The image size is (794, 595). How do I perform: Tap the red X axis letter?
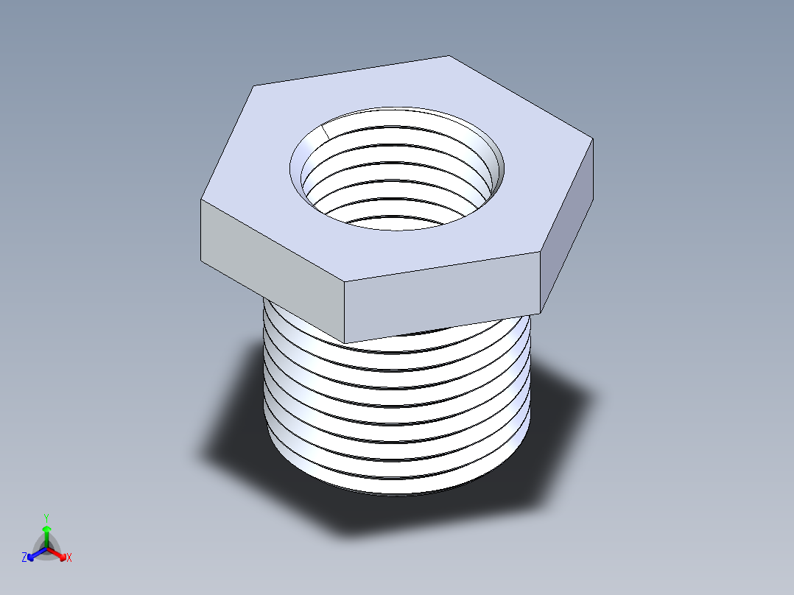click(x=69, y=558)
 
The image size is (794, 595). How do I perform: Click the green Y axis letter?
click(x=46, y=518)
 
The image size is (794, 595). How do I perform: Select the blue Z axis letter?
click(x=24, y=558)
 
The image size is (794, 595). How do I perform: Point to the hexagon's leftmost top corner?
click(x=201, y=199)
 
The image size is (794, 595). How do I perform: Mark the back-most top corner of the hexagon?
click(x=449, y=56)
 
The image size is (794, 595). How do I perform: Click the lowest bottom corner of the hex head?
click(x=345, y=342)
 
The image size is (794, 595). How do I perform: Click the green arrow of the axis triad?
click(x=46, y=532)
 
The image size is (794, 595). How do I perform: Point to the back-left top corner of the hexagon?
click(x=255, y=86)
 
